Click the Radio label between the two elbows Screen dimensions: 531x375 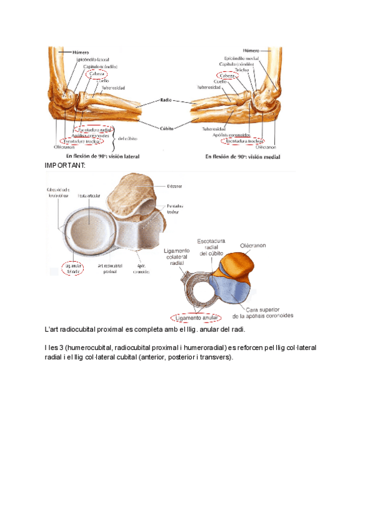(x=166, y=100)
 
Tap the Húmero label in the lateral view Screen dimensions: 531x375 (x=81, y=52)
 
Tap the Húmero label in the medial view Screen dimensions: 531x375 (x=252, y=50)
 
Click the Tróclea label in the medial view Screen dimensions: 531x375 (x=243, y=70)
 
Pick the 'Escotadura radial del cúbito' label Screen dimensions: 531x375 (x=214, y=247)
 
